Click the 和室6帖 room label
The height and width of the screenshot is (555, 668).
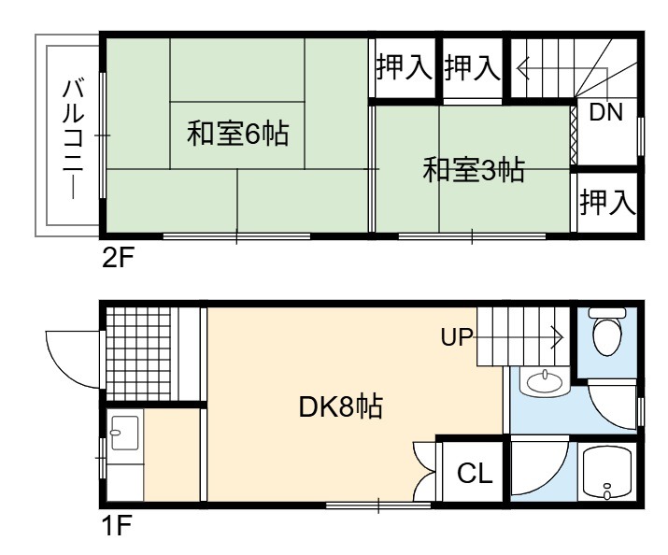click(x=237, y=134)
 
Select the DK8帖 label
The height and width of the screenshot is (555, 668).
click(x=341, y=406)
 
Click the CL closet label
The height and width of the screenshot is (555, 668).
click(x=475, y=473)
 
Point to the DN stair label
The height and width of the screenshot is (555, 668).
click(x=605, y=112)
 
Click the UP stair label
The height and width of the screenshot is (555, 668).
click(x=457, y=337)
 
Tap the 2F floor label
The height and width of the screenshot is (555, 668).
click(x=119, y=257)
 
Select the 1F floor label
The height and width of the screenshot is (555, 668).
click(x=117, y=525)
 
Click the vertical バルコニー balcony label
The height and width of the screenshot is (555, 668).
click(x=73, y=139)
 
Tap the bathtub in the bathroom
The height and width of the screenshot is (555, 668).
click(x=606, y=473)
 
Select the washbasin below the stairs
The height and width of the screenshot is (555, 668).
click(x=544, y=381)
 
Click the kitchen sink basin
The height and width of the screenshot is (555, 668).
click(x=124, y=433)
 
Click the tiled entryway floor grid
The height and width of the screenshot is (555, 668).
click(x=138, y=353)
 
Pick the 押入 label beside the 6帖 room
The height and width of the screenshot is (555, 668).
click(x=404, y=67)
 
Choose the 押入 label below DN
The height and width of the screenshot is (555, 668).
click(x=607, y=202)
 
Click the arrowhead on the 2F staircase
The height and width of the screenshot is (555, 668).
click(x=523, y=68)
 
